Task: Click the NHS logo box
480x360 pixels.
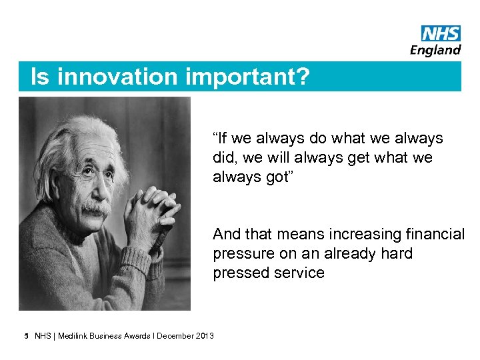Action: coord(441,33)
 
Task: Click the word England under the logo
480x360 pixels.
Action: coord(435,49)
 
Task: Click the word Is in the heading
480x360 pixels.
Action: coord(40,77)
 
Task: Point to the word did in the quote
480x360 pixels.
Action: coord(224,158)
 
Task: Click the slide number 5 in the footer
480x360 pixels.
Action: coord(25,335)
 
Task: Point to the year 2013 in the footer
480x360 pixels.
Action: coord(204,336)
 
